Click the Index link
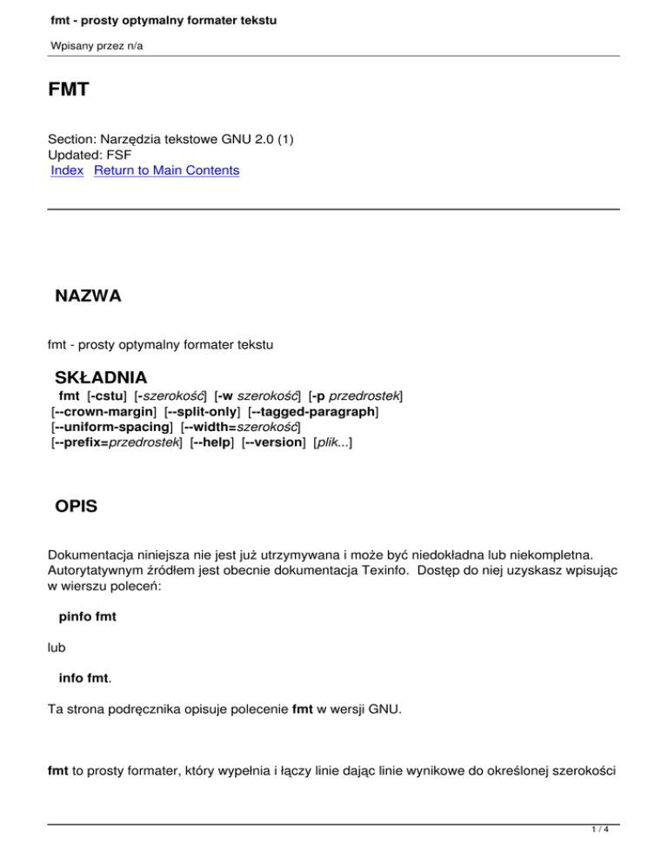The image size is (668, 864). [x=67, y=171]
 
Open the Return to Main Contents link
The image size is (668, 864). [x=166, y=171]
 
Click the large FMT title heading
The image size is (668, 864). [x=68, y=90]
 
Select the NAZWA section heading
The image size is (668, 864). [x=88, y=296]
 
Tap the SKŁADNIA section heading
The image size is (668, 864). [x=101, y=378]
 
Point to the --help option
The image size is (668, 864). [x=212, y=443]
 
